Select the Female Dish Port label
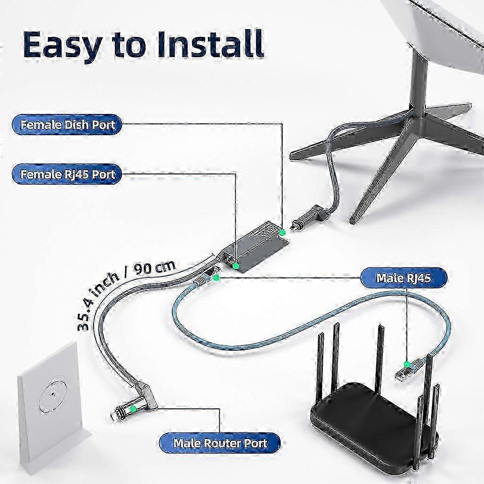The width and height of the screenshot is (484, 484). (67, 125)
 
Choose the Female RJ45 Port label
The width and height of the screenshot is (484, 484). (67, 174)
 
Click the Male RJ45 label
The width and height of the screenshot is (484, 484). (404, 278)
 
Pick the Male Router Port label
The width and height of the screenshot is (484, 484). (220, 443)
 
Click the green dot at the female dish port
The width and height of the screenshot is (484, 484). (282, 233)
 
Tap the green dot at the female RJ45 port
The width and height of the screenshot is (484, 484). (236, 266)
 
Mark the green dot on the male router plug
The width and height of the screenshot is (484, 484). (134, 409)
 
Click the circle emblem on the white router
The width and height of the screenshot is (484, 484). (53, 394)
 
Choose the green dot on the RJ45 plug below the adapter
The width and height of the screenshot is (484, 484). (216, 278)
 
